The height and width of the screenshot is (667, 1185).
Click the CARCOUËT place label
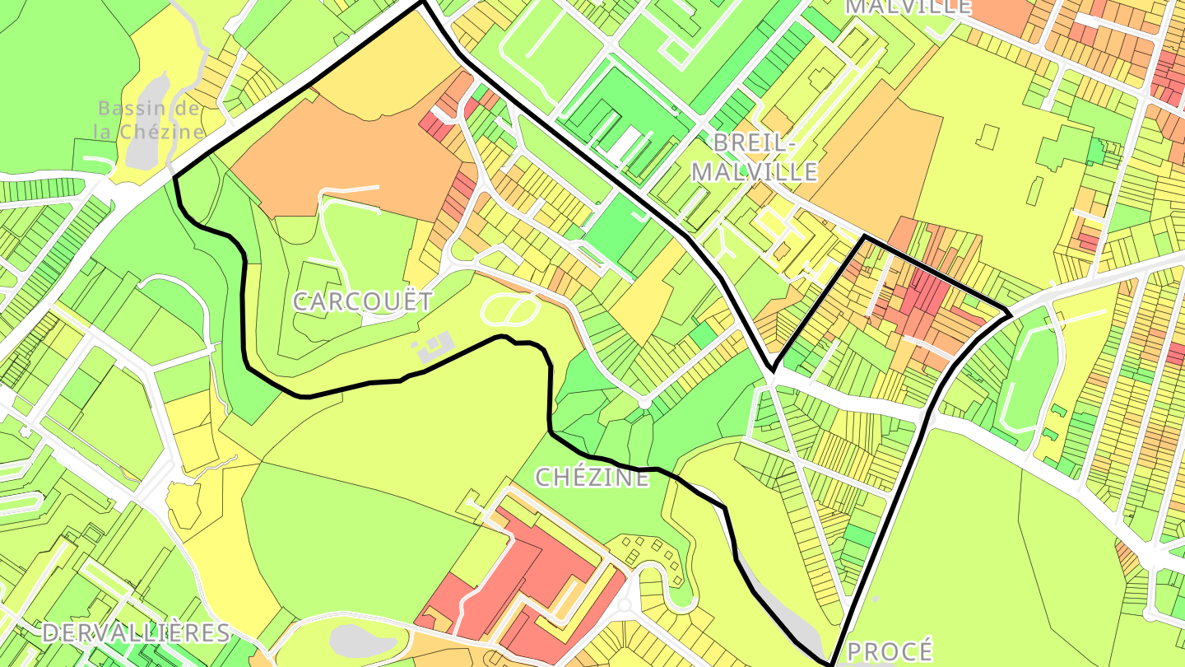362,301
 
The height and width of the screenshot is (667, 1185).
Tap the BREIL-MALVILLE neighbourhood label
755,157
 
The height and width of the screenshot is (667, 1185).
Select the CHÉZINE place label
592,477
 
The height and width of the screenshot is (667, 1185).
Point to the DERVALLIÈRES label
136,632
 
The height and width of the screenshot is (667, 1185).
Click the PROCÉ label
890,651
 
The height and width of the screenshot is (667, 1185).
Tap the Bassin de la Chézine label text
148,119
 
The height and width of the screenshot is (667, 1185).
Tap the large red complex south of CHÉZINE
518,576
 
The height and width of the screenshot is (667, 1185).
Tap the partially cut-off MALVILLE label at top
908,7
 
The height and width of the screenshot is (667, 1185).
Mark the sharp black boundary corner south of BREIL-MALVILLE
772,369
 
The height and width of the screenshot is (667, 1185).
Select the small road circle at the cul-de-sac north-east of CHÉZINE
645,403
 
